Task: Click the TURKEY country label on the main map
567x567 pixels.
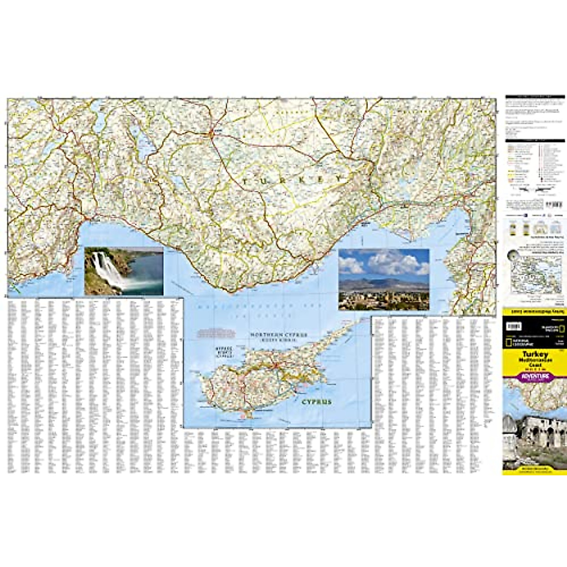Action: point(292,180)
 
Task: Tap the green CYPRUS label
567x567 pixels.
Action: point(317,402)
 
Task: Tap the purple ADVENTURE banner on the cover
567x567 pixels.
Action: point(535,377)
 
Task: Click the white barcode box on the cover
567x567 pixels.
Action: point(514,326)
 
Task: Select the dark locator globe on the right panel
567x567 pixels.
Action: point(512,256)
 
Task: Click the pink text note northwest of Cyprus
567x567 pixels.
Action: point(216,332)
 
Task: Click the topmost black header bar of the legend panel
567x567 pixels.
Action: point(534,97)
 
